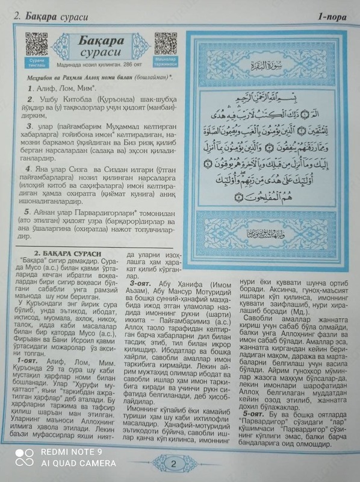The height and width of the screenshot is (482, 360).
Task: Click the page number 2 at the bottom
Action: tap(173, 463)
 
